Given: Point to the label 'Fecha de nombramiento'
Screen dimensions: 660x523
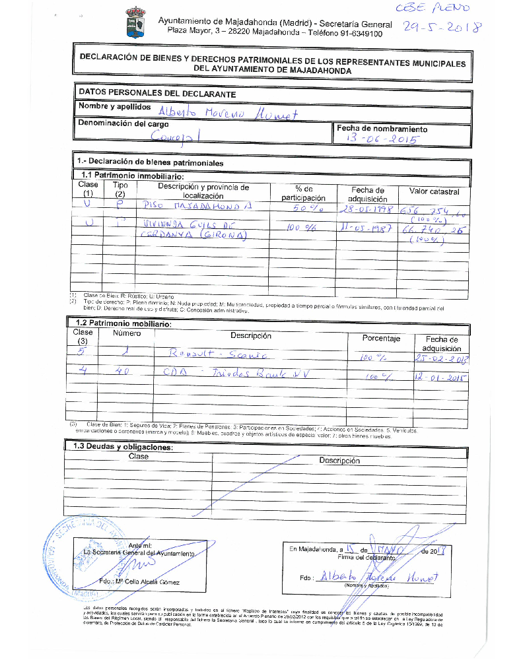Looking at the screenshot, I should [382, 129].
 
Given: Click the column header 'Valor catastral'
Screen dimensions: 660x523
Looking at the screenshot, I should [434, 191].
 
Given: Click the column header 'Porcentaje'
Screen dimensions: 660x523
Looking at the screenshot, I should [381, 339].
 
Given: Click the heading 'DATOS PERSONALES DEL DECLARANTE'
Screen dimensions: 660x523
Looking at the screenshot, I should [157, 94].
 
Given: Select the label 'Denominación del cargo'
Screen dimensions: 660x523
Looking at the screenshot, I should [123, 123].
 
